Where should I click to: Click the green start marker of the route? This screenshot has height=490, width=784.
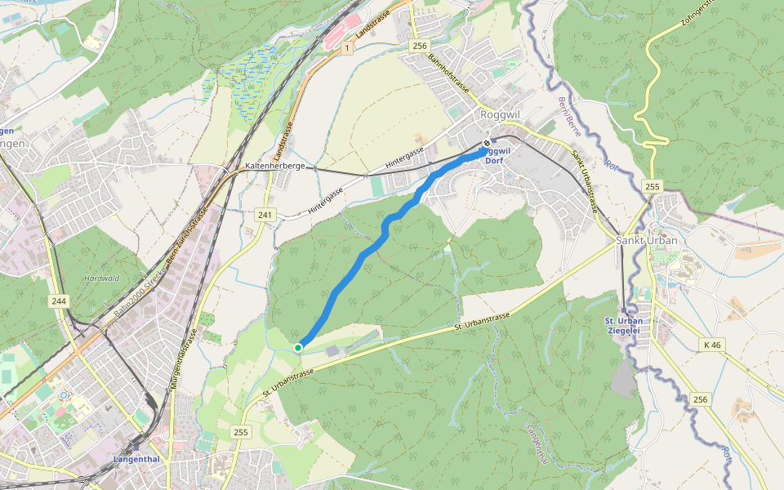298,348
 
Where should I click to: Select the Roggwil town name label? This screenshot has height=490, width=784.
501,115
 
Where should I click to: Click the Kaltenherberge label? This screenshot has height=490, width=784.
274,166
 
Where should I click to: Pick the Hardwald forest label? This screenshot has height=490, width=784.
101,278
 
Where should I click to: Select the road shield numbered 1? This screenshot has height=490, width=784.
347,49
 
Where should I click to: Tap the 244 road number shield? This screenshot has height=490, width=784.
58,301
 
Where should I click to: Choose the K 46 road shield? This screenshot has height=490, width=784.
713,346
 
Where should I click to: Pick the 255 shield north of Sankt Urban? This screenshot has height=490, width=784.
651,186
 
